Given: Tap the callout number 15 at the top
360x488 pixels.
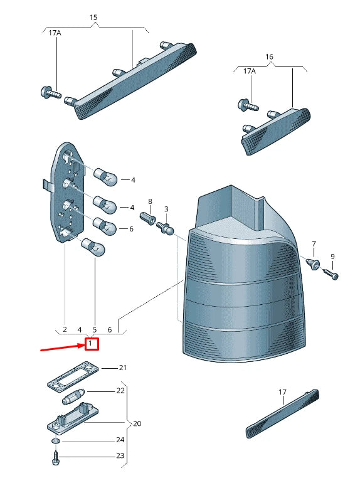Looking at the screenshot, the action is (93, 18).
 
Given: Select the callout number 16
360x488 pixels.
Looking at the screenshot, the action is (269, 56).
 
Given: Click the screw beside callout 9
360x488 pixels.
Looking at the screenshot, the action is (331, 273).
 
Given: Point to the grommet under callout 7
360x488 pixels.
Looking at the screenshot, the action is (314, 263).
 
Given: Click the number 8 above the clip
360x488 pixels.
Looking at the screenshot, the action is (150, 202).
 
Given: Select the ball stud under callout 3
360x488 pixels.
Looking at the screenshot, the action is (165, 228).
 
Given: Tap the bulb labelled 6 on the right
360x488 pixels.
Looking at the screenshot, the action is (105, 226).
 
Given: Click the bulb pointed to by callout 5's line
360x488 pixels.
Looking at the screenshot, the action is (93, 247).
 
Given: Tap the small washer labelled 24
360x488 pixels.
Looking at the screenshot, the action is (56, 441).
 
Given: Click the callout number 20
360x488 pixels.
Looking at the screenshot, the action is (137, 423).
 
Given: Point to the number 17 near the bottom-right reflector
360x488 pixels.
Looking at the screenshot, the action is (282, 392).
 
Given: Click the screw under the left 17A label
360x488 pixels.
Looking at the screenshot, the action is (51, 92).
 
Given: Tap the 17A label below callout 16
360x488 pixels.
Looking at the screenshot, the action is (249, 72).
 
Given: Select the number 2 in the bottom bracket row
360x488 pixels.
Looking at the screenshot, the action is (65, 329).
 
